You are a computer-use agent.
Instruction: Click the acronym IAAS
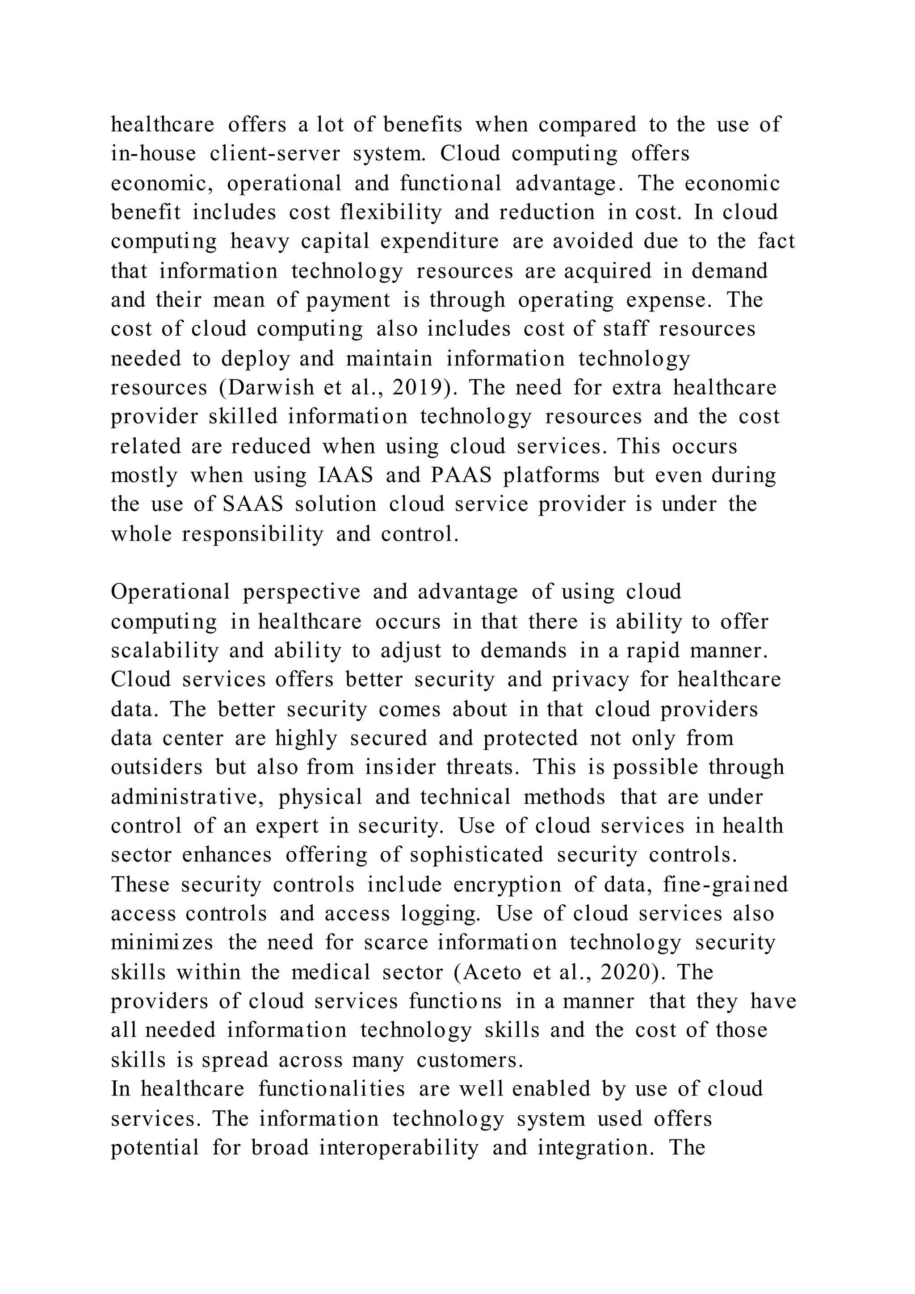click(x=346, y=475)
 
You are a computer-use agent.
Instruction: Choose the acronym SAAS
click(x=253, y=504)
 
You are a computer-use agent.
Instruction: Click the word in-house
click(x=153, y=154)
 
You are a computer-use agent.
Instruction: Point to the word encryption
click(x=507, y=885)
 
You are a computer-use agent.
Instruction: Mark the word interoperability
click(x=399, y=1148)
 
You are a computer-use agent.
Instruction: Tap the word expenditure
click(x=440, y=242)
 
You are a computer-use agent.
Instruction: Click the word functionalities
click(x=332, y=1089)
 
